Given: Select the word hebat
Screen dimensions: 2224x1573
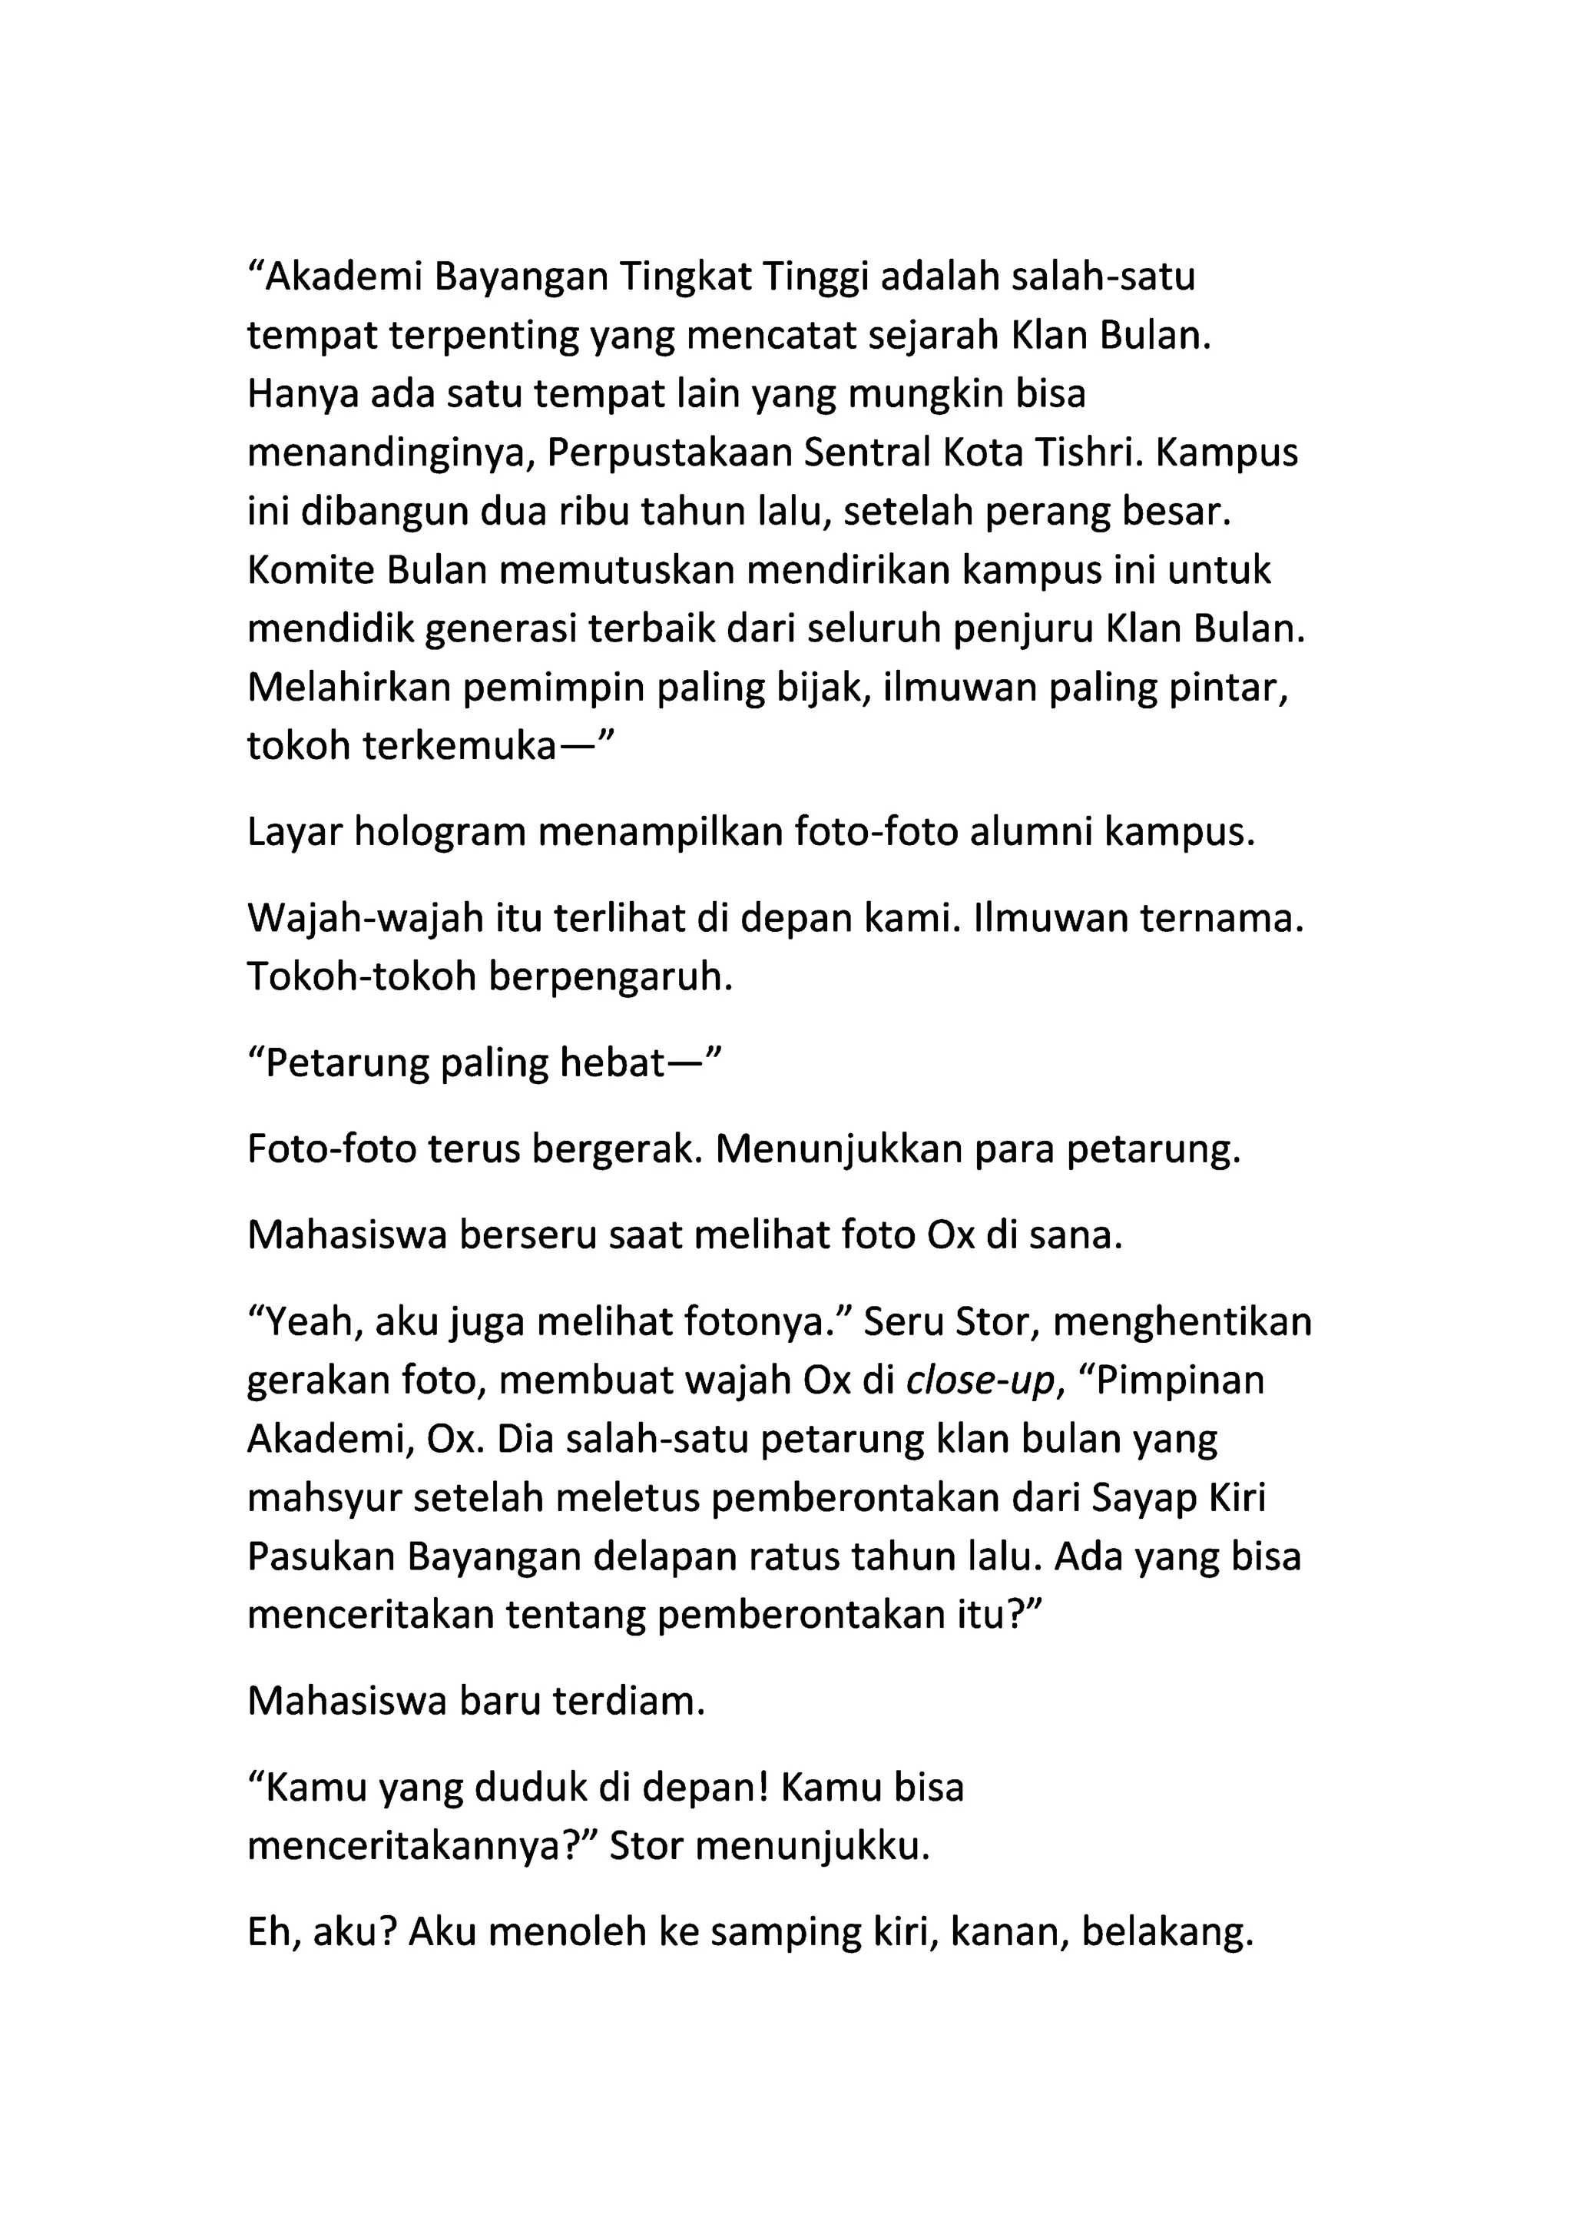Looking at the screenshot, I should (x=609, y=1062).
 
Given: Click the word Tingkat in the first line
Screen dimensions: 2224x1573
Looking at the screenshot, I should (x=685, y=277).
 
